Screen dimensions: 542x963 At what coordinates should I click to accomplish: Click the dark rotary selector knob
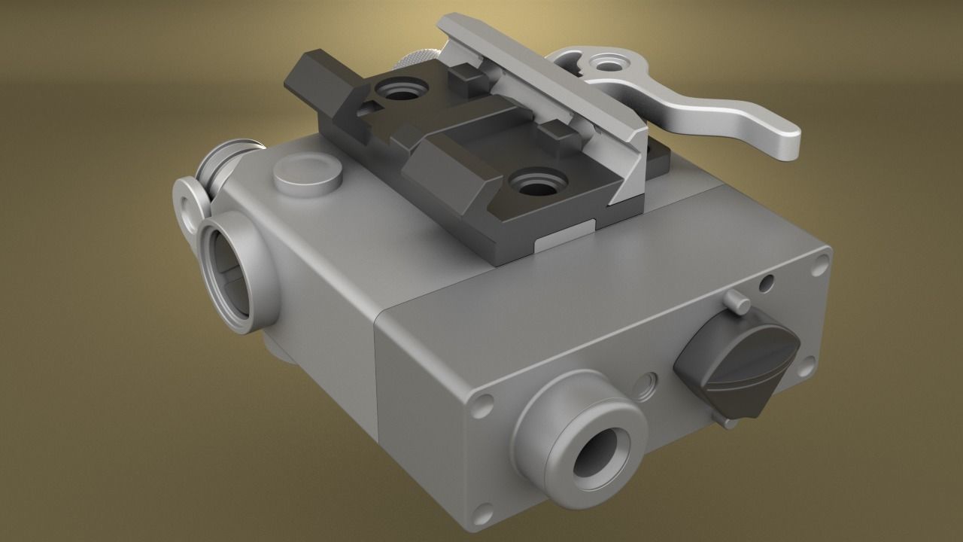coord(737,362)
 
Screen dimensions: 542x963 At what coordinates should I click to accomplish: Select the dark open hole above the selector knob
coord(766,284)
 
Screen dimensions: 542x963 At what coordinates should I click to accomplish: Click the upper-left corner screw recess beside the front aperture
coord(482,406)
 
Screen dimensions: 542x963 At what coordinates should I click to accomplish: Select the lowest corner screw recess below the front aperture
coord(484,512)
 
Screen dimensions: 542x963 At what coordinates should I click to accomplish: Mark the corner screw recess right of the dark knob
coord(806,366)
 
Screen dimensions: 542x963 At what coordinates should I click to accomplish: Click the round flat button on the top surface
coord(308,175)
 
